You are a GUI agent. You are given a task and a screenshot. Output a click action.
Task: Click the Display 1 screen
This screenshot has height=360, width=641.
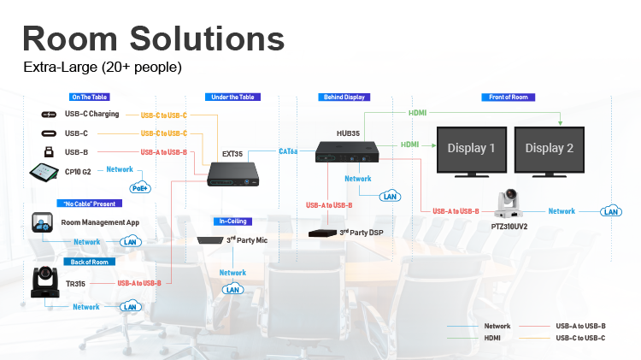(468, 149)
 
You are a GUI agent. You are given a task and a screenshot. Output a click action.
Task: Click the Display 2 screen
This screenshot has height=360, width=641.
(550, 149)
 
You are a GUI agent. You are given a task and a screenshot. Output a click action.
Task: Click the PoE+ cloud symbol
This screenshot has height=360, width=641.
(139, 186)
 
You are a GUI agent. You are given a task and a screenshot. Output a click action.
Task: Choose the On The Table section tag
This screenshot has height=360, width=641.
(90, 97)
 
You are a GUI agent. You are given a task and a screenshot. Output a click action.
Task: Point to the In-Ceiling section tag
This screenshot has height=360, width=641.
(232, 221)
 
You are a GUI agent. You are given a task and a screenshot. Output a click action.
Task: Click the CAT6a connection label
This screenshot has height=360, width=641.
(288, 151)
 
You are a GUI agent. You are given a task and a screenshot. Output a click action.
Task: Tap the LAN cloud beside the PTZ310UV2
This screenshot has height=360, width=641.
(610, 211)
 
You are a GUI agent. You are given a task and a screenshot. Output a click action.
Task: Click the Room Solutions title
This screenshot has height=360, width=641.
(153, 38)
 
